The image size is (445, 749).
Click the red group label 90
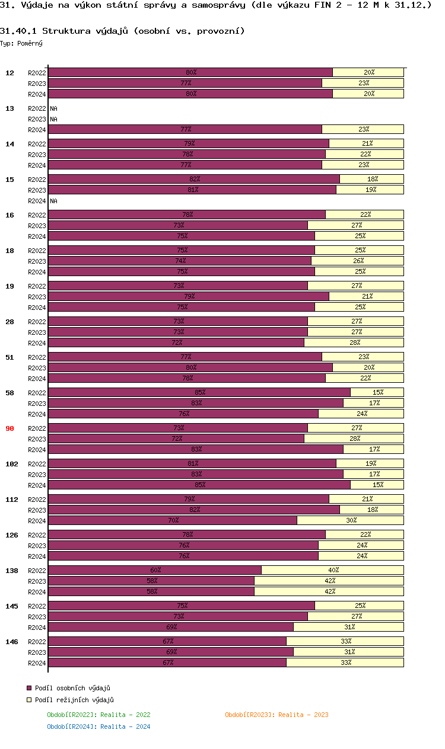coord(10,428)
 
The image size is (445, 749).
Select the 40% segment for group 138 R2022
coord(332,570)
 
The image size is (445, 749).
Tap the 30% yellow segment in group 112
coord(350,520)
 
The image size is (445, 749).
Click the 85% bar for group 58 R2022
coord(199,392)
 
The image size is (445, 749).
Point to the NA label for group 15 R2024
coord(53,201)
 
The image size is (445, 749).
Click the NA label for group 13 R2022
coord(53,108)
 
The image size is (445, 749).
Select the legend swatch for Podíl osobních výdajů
coord(28,688)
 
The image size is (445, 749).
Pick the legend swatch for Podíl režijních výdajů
coord(28,700)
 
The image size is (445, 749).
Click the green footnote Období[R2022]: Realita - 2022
coord(98,715)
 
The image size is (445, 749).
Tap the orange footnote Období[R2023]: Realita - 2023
coord(276,715)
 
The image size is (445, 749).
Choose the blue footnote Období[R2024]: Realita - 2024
coord(98,726)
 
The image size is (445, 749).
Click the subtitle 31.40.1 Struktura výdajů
coord(122,31)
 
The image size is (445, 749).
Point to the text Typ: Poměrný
coord(21,43)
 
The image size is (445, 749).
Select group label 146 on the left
coord(11,642)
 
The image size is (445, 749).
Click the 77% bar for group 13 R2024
coord(185,129)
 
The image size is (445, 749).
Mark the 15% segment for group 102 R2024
coord(377,485)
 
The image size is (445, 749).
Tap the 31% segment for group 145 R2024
coord(349,627)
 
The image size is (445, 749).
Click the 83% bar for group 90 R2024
coord(196,449)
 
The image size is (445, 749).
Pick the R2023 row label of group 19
coord(37,297)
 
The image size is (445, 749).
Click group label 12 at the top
coord(10,73)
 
